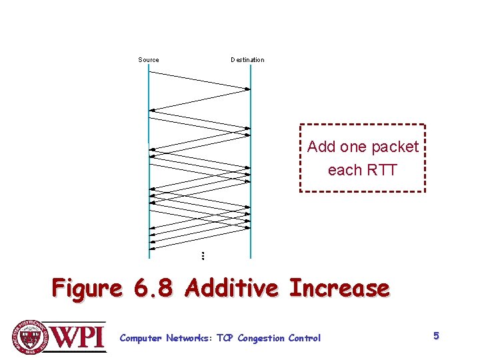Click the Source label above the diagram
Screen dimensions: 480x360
click(x=149, y=60)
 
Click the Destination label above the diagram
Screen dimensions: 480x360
click(x=247, y=60)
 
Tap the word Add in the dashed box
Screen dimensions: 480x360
click(x=322, y=147)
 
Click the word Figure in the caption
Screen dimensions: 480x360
click(x=87, y=289)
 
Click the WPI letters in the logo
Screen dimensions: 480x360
click(x=79, y=335)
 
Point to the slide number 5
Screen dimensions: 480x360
click(x=436, y=336)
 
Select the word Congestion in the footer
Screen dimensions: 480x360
click(x=261, y=339)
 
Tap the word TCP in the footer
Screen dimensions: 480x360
click(x=225, y=338)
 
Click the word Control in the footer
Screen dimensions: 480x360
click(x=304, y=338)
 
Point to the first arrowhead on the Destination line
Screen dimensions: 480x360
click(x=247, y=89)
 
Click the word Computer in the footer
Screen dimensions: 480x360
click(x=140, y=339)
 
